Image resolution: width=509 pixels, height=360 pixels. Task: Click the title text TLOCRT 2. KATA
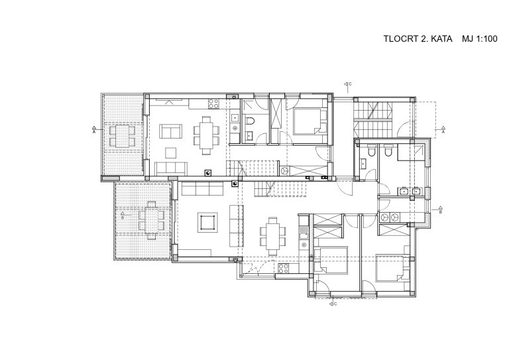[x=418, y=38]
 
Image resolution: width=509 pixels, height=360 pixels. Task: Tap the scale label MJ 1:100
[x=479, y=38]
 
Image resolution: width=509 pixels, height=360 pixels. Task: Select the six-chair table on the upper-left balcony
[x=122, y=136]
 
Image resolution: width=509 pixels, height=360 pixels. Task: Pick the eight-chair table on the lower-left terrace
[x=151, y=220]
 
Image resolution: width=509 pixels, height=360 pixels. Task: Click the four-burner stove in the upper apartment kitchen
[x=213, y=103]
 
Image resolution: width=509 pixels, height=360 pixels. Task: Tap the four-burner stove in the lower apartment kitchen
[x=283, y=268]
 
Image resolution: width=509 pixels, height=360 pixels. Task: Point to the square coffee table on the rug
[x=207, y=223]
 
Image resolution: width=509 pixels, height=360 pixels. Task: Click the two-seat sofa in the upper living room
[x=170, y=131]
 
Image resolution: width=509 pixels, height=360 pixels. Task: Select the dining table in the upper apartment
[x=207, y=135]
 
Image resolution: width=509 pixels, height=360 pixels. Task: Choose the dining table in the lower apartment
[x=273, y=236]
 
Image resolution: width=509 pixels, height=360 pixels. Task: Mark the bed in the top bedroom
[x=310, y=122]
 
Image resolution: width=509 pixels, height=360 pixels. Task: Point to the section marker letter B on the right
[x=441, y=211]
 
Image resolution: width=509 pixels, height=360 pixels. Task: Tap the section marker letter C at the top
[x=350, y=84]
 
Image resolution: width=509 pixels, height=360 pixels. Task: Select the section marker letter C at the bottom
[x=335, y=304]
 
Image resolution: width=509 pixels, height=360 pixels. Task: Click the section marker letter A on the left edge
[x=94, y=132]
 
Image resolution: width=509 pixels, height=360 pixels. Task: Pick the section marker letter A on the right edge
[x=443, y=132]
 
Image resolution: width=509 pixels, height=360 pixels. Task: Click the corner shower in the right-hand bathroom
[x=412, y=152]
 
